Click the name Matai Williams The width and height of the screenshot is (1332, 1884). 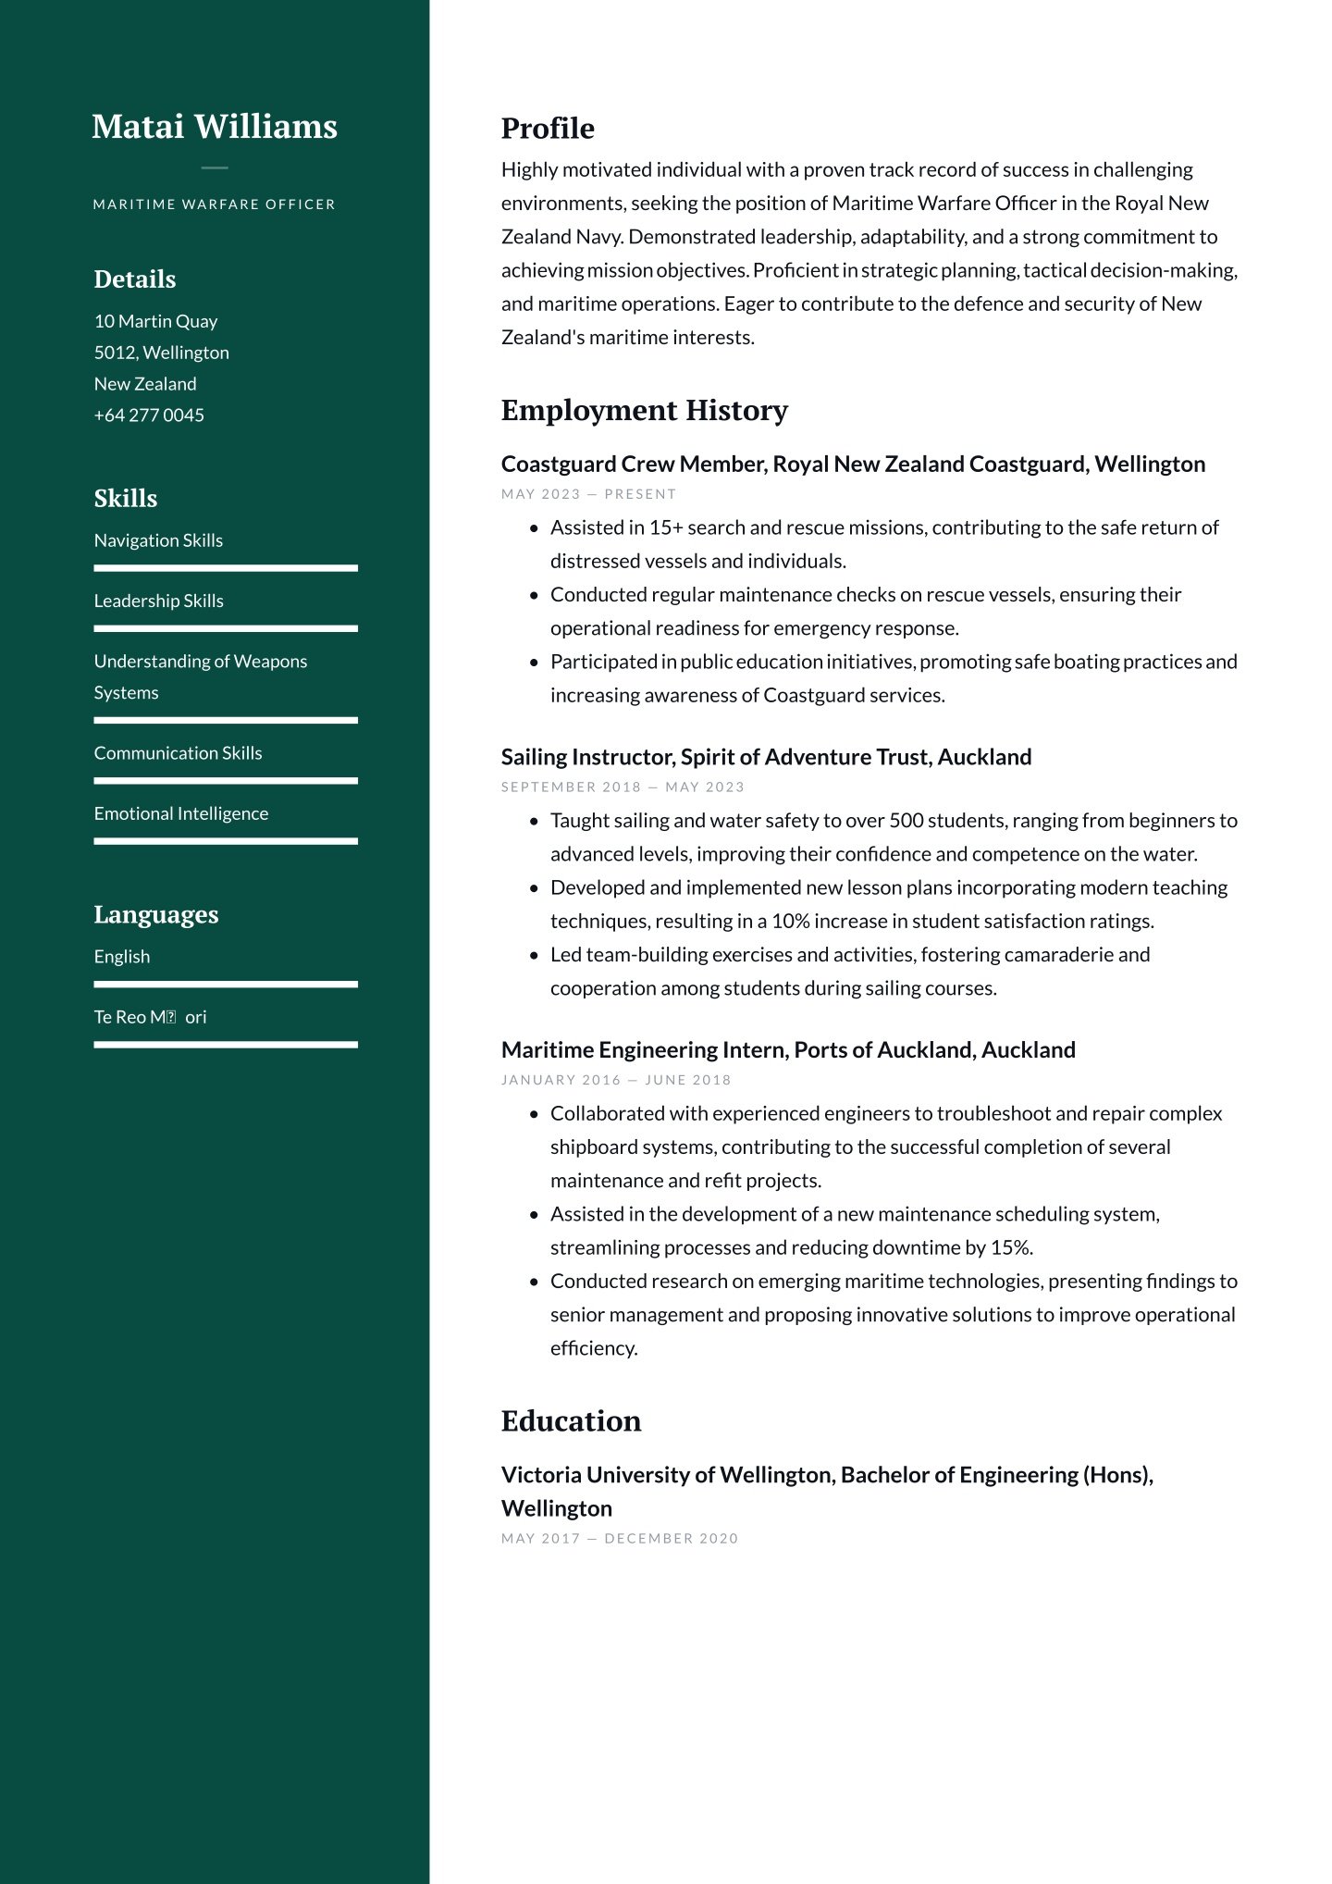(x=215, y=127)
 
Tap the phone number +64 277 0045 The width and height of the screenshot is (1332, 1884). (x=149, y=415)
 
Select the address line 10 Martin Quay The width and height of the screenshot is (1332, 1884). (x=155, y=321)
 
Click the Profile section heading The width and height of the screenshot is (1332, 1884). (x=548, y=129)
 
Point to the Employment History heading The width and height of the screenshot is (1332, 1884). (x=644, y=410)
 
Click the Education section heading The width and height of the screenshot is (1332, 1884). (x=571, y=1420)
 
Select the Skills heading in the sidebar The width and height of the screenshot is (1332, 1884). (x=126, y=499)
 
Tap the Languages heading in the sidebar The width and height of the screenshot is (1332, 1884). (x=156, y=914)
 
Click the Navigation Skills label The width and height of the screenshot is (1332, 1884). (x=158, y=540)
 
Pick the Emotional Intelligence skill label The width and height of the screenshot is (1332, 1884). (x=181, y=813)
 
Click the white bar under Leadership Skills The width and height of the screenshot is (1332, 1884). (x=226, y=628)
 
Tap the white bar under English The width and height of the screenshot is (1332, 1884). (x=226, y=985)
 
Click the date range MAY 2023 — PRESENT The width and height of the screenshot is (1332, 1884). (x=589, y=494)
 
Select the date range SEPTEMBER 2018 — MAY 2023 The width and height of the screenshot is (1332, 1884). (x=623, y=787)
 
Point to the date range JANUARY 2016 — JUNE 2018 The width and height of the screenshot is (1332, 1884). (x=616, y=1080)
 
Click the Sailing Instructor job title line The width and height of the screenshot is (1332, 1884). (x=766, y=757)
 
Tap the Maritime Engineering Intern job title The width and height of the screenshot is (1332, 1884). (x=788, y=1049)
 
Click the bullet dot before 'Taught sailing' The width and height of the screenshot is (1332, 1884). (x=534, y=821)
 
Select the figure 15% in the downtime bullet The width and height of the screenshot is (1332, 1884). (x=1010, y=1247)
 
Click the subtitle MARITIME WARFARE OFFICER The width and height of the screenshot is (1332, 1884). (x=215, y=205)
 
